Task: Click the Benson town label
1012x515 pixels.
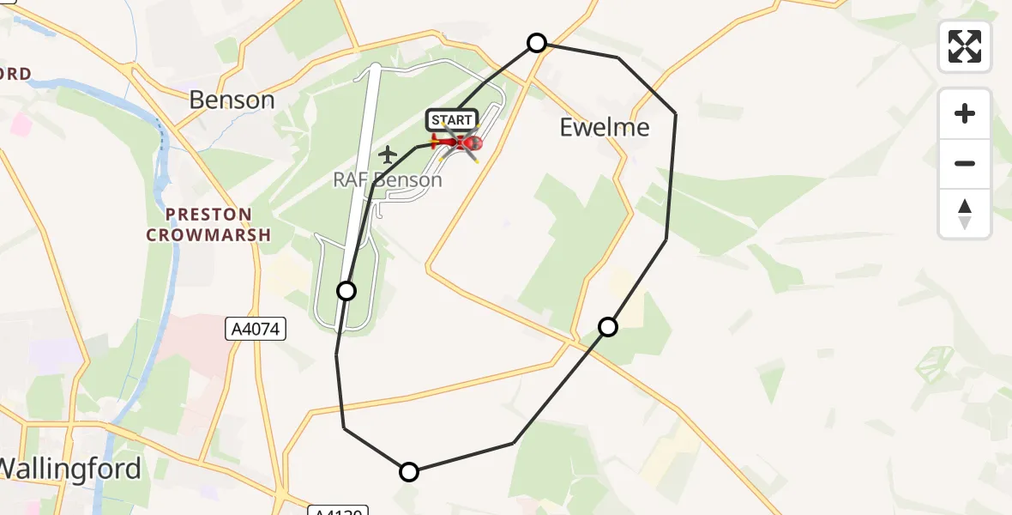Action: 232,100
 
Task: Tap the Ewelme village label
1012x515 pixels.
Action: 605,128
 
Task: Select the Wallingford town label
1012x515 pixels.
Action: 70,469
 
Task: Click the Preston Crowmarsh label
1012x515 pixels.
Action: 209,224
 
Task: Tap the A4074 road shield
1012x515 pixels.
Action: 256,328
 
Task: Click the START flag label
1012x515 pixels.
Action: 451,120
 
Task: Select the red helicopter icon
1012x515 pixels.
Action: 458,143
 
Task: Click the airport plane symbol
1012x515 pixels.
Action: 389,155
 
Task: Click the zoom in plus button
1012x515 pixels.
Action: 965,113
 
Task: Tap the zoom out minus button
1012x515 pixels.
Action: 965,163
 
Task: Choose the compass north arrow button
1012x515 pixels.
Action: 965,214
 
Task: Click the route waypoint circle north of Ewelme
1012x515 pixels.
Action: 537,43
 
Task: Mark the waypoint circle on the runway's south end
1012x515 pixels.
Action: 346,291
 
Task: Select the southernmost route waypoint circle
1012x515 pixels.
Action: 409,471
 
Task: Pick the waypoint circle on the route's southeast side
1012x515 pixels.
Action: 608,326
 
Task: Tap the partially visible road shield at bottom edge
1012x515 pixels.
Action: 338,510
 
